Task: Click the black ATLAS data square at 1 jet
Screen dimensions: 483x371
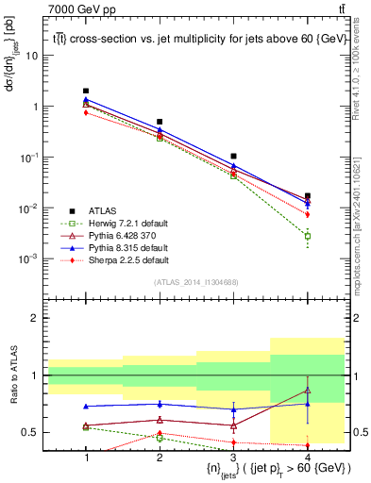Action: pyautogui.click(x=86, y=91)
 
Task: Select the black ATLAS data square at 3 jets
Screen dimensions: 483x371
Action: pyautogui.click(x=233, y=156)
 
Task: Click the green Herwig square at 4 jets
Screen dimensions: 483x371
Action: pyautogui.click(x=307, y=236)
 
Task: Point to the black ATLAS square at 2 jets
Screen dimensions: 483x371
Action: pyautogui.click(x=160, y=122)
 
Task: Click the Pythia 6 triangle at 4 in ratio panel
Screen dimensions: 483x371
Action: pyautogui.click(x=307, y=391)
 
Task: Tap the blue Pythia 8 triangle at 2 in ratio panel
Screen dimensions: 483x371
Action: pyautogui.click(x=160, y=404)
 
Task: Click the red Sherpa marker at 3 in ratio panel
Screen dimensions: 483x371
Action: pyautogui.click(x=233, y=441)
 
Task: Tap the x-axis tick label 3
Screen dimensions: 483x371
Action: pyautogui.click(x=233, y=457)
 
